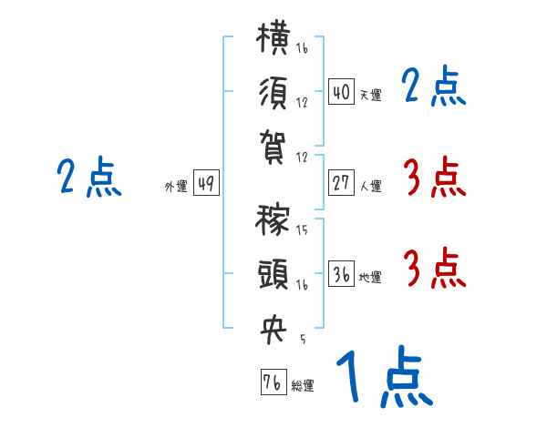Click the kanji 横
(273, 38)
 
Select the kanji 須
(273, 93)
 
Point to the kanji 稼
(273, 219)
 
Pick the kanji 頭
(273, 274)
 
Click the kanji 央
(273, 330)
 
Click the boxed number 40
(341, 92)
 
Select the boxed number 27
(341, 183)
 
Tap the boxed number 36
(341, 273)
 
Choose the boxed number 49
(206, 183)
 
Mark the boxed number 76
(273, 382)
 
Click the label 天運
(370, 95)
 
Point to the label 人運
(370, 186)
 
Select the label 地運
(370, 277)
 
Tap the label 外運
(176, 186)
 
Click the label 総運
(303, 385)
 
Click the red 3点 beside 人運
(435, 177)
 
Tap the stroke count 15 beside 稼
(302, 229)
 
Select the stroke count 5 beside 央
(303, 339)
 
